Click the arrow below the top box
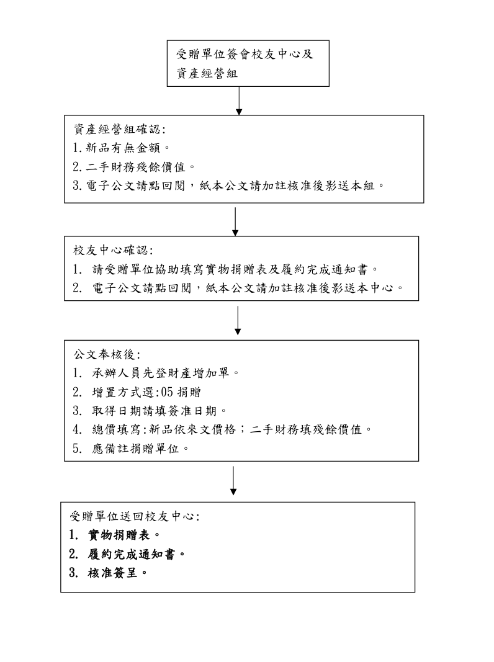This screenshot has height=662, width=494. (x=239, y=101)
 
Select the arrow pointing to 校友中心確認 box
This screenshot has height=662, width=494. (x=235, y=221)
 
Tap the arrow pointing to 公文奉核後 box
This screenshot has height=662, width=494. (x=238, y=320)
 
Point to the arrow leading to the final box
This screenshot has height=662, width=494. (x=233, y=480)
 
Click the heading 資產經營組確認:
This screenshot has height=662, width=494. (x=120, y=129)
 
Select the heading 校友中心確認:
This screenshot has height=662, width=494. (x=113, y=251)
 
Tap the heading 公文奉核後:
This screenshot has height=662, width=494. (x=107, y=354)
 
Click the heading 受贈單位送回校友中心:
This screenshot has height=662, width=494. (x=135, y=516)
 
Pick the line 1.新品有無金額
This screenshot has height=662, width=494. (x=121, y=148)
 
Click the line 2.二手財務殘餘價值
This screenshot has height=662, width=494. (x=134, y=167)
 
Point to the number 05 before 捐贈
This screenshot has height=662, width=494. (x=167, y=392)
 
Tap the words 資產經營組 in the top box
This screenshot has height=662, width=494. (x=207, y=73)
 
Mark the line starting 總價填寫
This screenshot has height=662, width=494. (x=223, y=429)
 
